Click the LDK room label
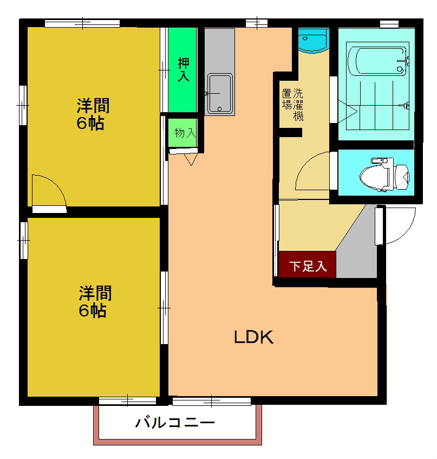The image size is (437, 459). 253,337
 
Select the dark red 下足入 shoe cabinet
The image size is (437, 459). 308,266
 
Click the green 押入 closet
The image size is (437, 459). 182,69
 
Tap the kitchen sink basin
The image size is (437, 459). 219,93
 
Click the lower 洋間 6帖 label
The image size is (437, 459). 95,301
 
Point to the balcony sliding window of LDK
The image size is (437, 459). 212,402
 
